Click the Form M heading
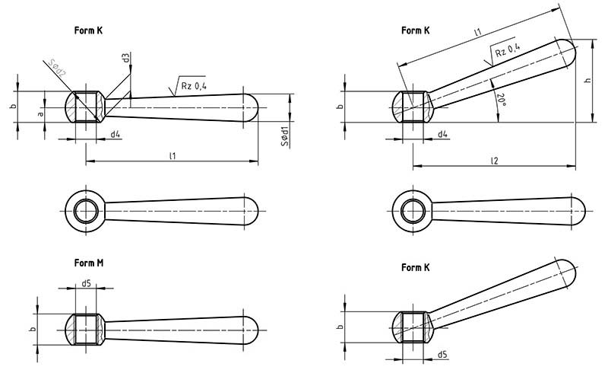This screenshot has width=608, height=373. click(90, 263)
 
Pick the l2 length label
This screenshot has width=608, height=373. click(494, 160)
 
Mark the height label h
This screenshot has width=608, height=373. click(587, 81)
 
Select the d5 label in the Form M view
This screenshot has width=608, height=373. click(86, 284)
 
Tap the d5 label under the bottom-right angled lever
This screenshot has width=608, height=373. click(442, 354)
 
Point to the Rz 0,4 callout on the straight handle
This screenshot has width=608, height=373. click(193, 87)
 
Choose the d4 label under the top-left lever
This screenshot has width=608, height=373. click(115, 134)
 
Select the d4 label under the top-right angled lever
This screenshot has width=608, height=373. click(442, 134)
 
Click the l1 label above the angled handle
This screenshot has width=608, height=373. click(477, 33)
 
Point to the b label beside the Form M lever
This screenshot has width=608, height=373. click(32, 330)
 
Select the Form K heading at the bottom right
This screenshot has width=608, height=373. click(416, 267)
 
